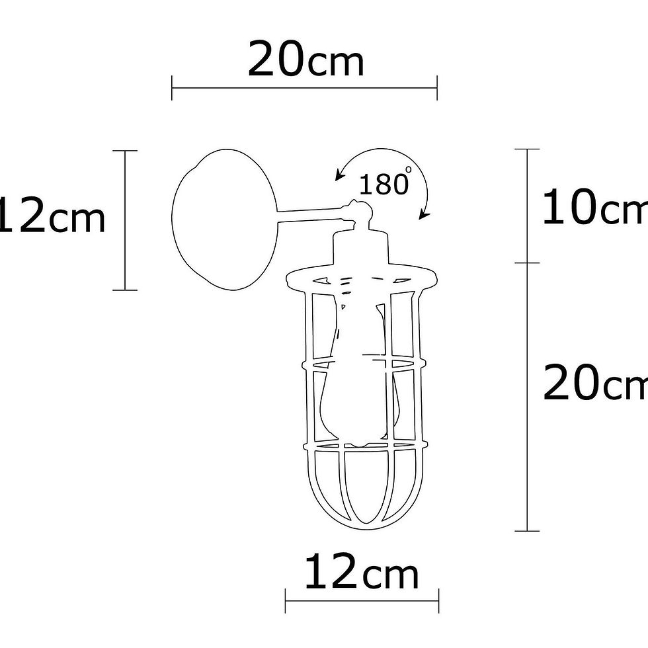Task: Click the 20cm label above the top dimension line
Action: pos(305,59)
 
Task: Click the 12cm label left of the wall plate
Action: pos(52,216)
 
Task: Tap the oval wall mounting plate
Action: pos(225,219)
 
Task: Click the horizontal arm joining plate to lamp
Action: pos(311,214)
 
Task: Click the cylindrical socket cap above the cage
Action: pos(361,248)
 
